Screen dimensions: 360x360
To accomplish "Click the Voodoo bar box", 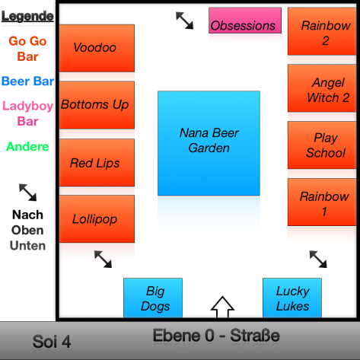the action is (x=97, y=48).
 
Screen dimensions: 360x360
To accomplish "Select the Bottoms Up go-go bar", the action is (x=97, y=105).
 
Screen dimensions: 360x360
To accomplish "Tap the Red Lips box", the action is (x=97, y=163).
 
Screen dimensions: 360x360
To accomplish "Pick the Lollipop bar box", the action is (x=97, y=219).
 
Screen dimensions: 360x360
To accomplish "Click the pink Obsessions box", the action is (x=245, y=21).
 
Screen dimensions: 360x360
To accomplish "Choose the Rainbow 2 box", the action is (x=322, y=31).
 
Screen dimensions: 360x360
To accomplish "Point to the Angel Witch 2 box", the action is (x=322, y=88).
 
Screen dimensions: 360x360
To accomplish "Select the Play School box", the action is (x=322, y=145).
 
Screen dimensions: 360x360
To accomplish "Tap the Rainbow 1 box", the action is (x=322, y=202).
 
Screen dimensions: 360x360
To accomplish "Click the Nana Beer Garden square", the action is (x=209, y=143).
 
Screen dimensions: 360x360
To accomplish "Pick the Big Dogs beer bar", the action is (x=153, y=298).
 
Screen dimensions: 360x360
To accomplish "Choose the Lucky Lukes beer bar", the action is (x=292, y=298).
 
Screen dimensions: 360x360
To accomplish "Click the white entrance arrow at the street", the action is (x=222, y=307).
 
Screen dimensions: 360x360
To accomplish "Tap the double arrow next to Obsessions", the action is (x=185, y=21).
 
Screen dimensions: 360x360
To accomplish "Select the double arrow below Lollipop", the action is (x=103, y=260).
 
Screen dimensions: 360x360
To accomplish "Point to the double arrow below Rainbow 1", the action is (x=318, y=260).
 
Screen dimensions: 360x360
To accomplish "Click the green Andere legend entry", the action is (x=27, y=147).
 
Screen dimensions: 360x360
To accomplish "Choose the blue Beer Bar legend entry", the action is (x=27, y=81).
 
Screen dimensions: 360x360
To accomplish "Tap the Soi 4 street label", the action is (x=52, y=342).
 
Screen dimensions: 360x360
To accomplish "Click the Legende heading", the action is (x=27, y=17).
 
